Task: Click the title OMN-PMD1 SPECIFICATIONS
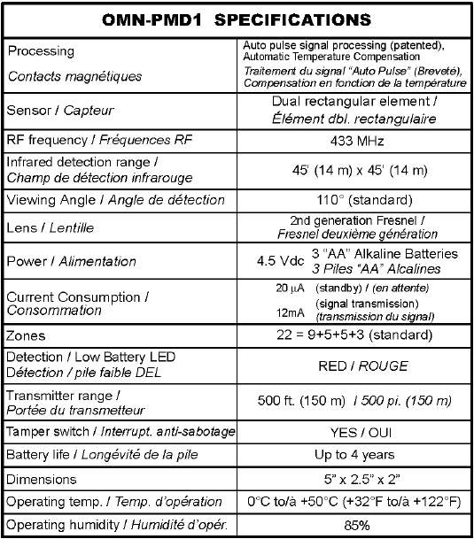coord(237,19)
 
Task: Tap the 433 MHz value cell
coord(352,138)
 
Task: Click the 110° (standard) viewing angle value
coord(352,199)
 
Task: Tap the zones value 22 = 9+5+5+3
coord(352,336)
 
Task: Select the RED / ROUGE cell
coord(352,364)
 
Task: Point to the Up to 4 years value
coord(352,455)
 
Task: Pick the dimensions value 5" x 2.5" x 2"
coord(352,479)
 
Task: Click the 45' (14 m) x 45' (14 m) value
coord(352,170)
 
